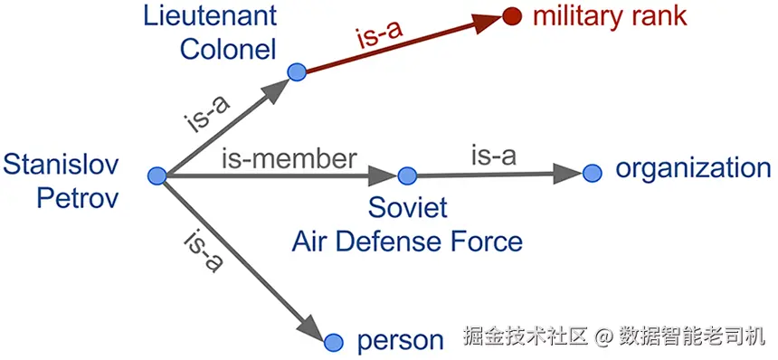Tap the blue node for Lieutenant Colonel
pos(294,71)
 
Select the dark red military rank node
pos(512,16)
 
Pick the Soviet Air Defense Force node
pos(406,175)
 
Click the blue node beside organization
pos(592,172)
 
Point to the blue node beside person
pos(334,341)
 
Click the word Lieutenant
pos(209,14)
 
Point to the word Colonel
pos(227,47)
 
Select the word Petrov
pos(78,196)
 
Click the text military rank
pos(610,15)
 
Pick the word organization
pos(692,168)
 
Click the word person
pos(401,341)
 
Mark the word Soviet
pos(407,207)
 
